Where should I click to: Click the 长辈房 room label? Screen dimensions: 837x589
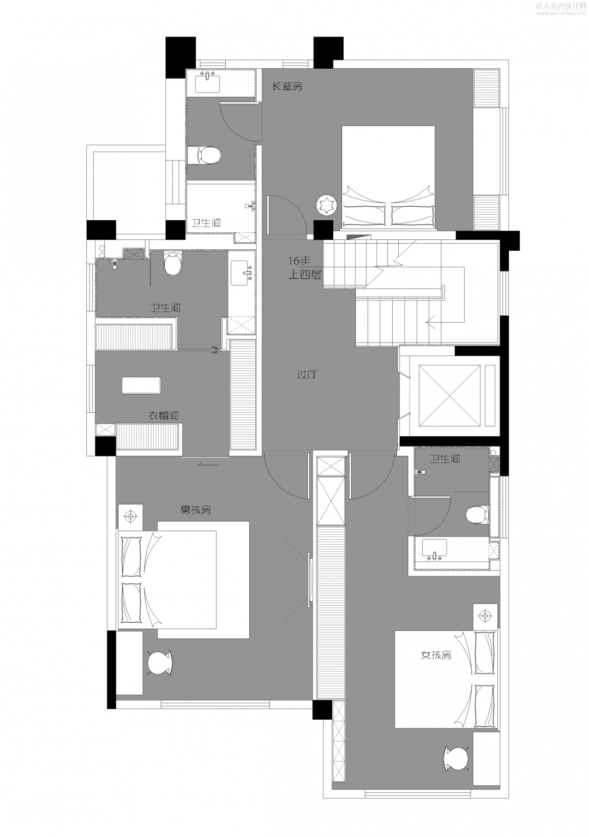click(x=287, y=86)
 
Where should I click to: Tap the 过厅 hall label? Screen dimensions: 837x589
click(x=306, y=375)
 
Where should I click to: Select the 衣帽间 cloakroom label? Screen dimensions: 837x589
click(x=164, y=416)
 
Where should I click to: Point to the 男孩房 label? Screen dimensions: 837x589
click(x=196, y=510)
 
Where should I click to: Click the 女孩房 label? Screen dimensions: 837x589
click(x=436, y=655)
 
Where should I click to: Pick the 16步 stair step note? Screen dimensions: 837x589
click(x=299, y=261)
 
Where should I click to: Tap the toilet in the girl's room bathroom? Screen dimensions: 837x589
click(x=477, y=514)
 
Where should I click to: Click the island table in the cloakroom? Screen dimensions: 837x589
click(x=141, y=385)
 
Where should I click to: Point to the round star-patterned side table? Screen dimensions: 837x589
click(x=327, y=206)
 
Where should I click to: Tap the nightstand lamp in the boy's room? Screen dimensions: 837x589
click(x=130, y=515)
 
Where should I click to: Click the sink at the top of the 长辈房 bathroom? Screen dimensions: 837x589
click(x=207, y=83)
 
